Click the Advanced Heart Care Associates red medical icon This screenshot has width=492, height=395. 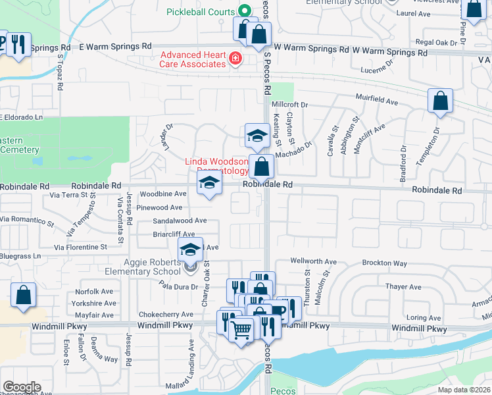[x=234, y=60]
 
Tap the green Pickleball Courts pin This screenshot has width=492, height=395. [x=244, y=11]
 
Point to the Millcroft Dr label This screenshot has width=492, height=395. [x=290, y=105]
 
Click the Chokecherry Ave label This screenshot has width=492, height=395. [x=164, y=315]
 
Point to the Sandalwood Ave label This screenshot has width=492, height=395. [x=180, y=221]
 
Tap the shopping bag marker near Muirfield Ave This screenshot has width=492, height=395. [x=440, y=102]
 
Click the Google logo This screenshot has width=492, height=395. [x=22, y=387]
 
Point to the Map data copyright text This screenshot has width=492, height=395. [x=464, y=390]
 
